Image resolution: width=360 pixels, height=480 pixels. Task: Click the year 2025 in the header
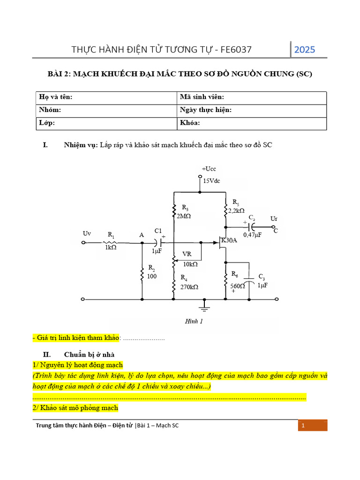click(305, 50)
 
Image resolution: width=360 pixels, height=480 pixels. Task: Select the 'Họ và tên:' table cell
click(107, 97)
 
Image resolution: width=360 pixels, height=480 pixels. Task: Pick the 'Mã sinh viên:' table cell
click(252, 97)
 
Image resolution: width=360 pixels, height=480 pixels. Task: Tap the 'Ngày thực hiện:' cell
click(252, 110)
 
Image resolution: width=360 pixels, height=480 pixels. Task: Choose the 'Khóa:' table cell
click(252, 123)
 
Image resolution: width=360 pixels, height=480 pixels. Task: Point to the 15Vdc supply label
click(211, 180)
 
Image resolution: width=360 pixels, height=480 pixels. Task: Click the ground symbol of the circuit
click(204, 307)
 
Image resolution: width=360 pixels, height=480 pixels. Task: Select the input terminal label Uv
click(87, 233)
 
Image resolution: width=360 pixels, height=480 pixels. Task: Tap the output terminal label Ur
click(274, 219)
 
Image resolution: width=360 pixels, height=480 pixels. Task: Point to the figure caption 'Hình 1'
click(192, 322)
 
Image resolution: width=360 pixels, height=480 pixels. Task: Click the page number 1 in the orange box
click(304, 426)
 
